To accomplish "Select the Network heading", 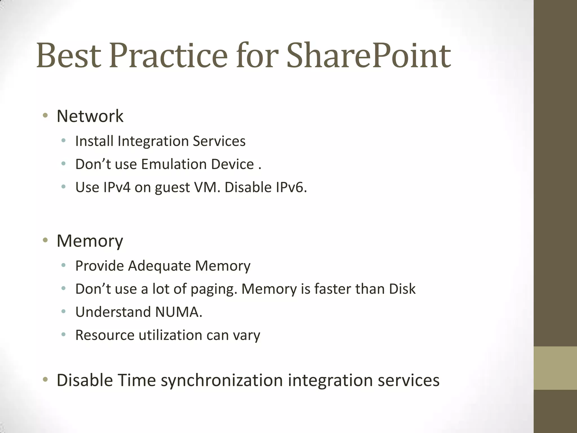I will (90, 116).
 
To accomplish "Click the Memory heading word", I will (90, 241).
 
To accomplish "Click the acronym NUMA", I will (177, 312).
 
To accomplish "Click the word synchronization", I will (222, 380).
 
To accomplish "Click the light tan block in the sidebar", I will (555, 368).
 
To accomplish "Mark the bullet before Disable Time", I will (45, 380).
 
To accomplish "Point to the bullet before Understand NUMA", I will (63, 312).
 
